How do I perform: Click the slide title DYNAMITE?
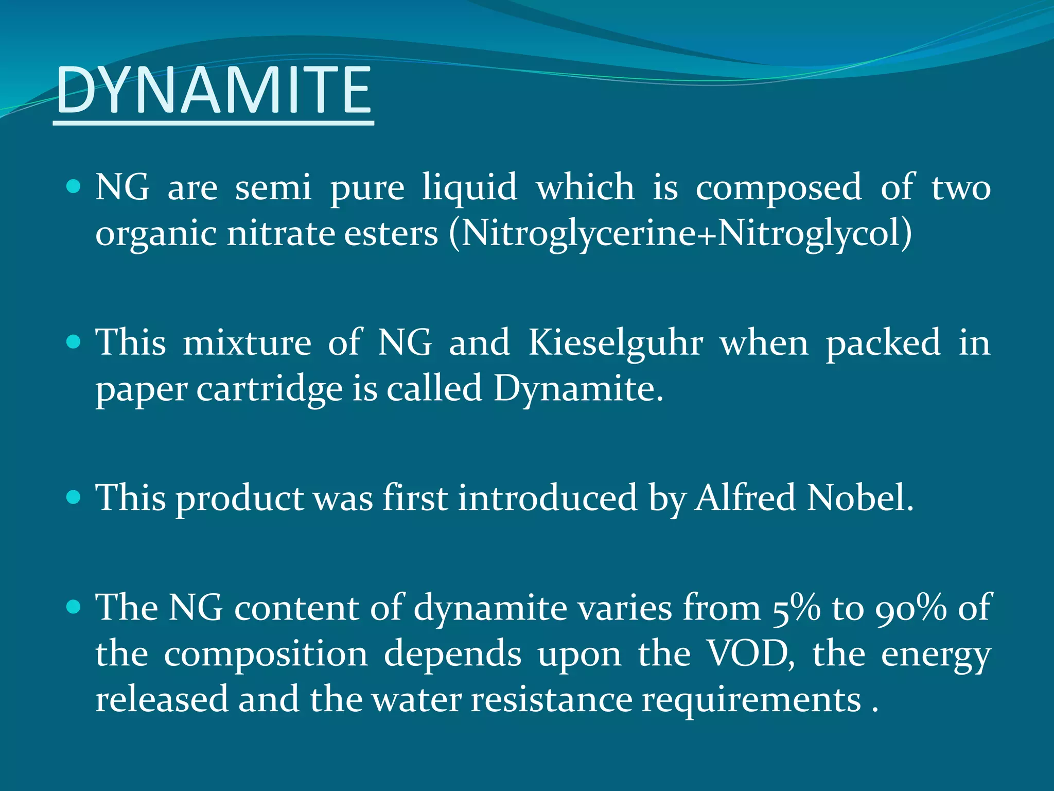pos(213,91)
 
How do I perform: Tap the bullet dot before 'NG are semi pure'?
pos(74,186)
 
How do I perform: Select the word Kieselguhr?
pos(616,343)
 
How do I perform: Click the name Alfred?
pos(745,498)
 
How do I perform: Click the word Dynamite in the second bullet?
pos(578,389)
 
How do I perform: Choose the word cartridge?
pos(269,390)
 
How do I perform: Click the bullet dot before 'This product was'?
pos(74,497)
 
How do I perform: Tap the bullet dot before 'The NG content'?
pos(74,607)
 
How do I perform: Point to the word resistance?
pos(552,700)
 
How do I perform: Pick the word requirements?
pos(751,701)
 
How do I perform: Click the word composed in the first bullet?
pos(779,187)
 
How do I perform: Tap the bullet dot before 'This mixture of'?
pos(74,342)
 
